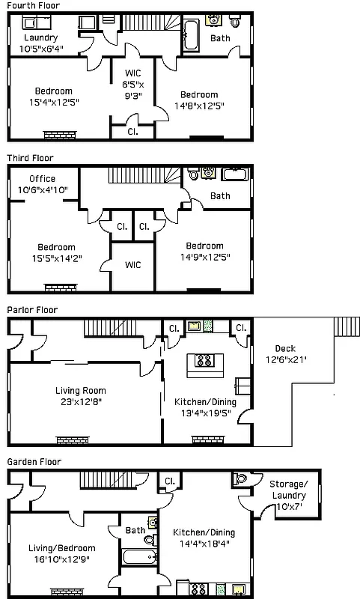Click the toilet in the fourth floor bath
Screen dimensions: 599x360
tap(236, 20)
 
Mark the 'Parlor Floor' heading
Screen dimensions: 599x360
tap(32, 309)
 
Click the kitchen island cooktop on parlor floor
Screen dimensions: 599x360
tap(204, 361)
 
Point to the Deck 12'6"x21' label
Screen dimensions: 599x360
tap(285, 353)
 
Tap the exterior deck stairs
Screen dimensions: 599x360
tap(345, 328)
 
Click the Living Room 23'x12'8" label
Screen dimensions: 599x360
tap(80, 396)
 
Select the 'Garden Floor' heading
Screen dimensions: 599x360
tap(34, 462)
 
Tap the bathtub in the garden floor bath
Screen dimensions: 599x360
tap(139, 557)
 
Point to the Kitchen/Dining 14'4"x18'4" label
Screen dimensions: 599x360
tap(204, 538)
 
